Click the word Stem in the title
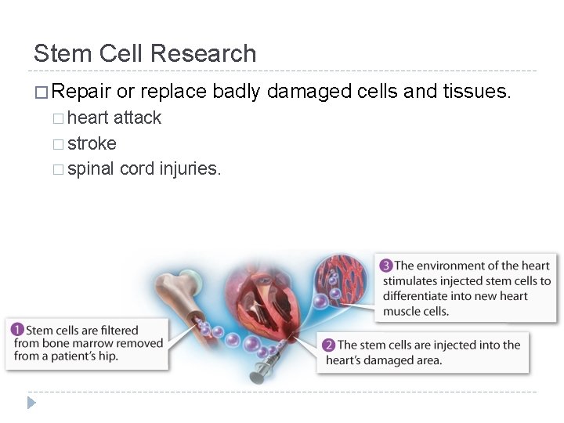coord(58,53)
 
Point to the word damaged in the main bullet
coord(309,92)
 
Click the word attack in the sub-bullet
coord(137,118)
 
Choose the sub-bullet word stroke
coord(92,144)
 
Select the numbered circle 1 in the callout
coord(16,330)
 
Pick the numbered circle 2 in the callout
coord(329,345)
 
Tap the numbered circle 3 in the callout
coord(386,266)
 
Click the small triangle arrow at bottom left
coord(31,403)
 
